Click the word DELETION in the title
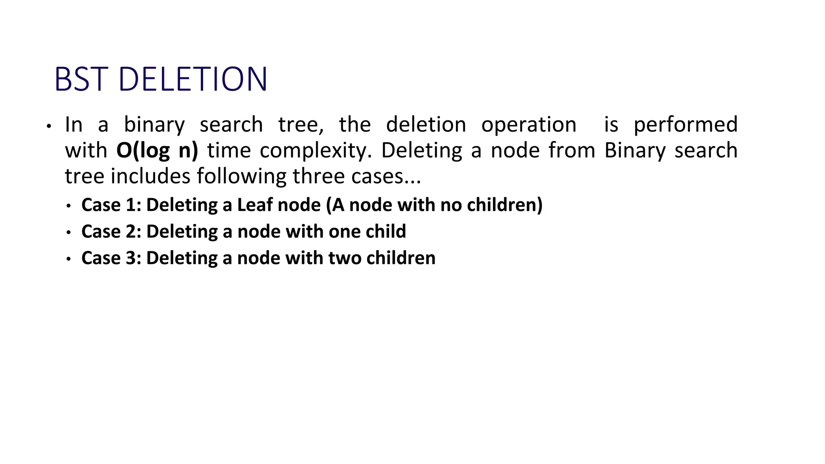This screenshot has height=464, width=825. click(x=193, y=79)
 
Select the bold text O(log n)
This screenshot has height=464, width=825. click(x=157, y=151)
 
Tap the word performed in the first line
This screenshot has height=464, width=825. click(x=685, y=125)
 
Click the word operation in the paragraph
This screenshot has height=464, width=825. click(x=529, y=125)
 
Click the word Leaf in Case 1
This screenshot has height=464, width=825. click(x=255, y=205)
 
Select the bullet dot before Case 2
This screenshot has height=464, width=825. click(x=69, y=233)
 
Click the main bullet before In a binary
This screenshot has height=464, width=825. click(x=49, y=126)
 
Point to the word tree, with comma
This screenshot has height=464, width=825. click(x=301, y=125)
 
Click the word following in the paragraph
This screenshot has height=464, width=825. click(x=242, y=176)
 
